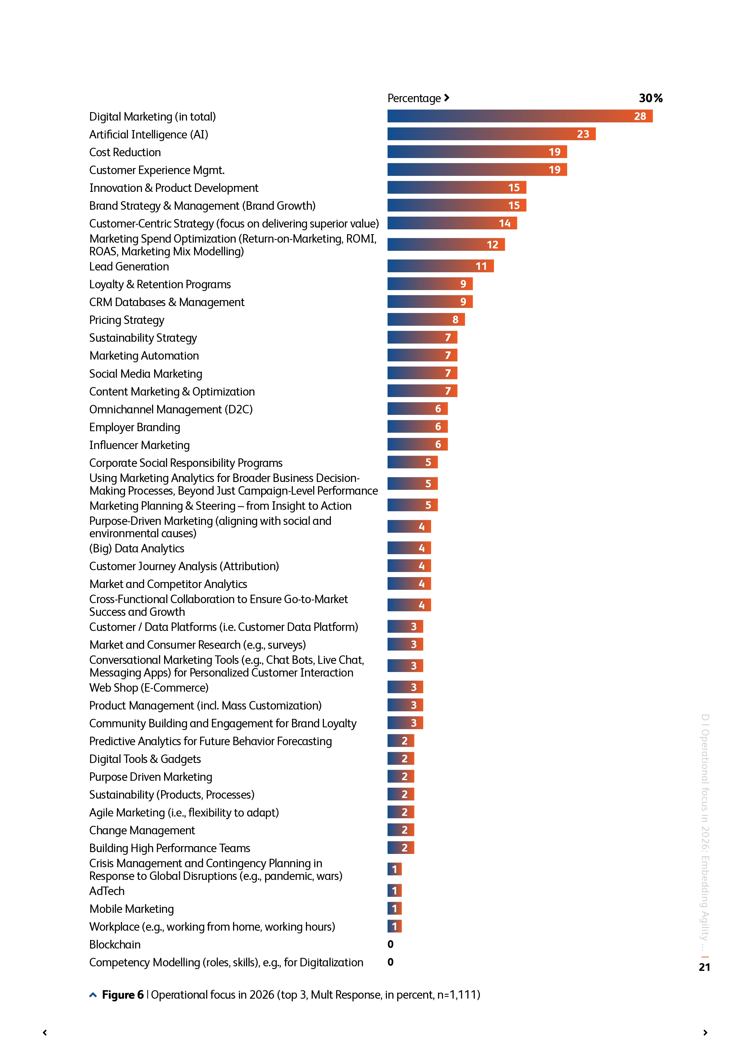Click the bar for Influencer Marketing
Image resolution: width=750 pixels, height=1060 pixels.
coord(417,444)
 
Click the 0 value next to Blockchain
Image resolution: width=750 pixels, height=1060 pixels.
coord(391,944)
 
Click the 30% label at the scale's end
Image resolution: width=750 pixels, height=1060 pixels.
coord(650,98)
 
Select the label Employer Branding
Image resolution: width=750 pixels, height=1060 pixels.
coord(135,427)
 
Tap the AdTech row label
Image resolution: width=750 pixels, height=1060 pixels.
coord(107,891)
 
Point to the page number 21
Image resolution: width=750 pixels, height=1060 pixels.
coord(704,967)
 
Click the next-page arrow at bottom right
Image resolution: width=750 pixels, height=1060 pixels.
coord(705,1033)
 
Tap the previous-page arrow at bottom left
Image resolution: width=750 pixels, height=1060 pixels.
coord(45,1033)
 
